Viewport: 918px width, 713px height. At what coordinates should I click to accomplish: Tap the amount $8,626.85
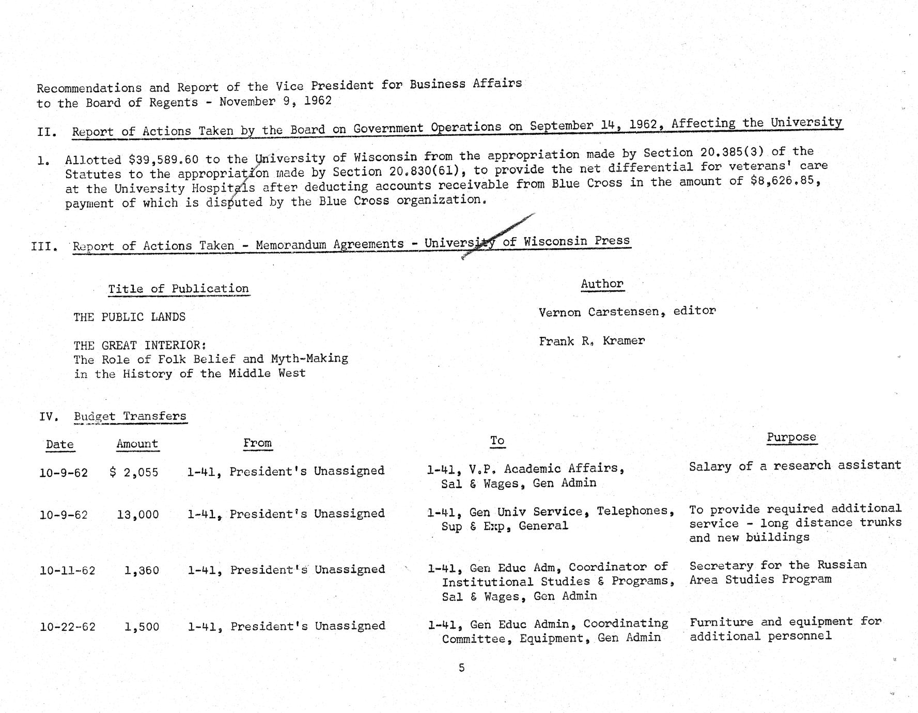click(x=785, y=182)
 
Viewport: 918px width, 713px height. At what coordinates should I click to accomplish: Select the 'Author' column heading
click(x=602, y=284)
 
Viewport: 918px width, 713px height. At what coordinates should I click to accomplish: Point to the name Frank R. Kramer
click(x=592, y=341)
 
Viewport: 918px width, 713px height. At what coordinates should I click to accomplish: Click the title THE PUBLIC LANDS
click(x=129, y=317)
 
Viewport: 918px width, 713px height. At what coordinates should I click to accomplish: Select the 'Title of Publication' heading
click(x=178, y=288)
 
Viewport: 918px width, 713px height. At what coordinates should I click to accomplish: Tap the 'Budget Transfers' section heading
click(x=130, y=416)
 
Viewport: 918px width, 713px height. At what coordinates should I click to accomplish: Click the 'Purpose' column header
click(x=791, y=437)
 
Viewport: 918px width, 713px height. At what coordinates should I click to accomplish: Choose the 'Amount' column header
click(x=137, y=444)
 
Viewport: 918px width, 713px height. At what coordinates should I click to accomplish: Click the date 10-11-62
click(x=67, y=570)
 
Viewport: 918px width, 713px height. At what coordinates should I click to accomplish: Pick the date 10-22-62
click(x=67, y=627)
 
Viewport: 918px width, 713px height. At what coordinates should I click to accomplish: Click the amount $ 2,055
click(x=134, y=472)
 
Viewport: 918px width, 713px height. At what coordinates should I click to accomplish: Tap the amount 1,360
click(x=142, y=570)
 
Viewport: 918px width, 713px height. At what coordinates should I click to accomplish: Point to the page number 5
click(x=461, y=668)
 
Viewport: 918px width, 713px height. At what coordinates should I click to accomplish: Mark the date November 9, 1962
click(x=275, y=101)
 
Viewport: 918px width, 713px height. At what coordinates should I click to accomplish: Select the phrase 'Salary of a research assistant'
click(x=795, y=466)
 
